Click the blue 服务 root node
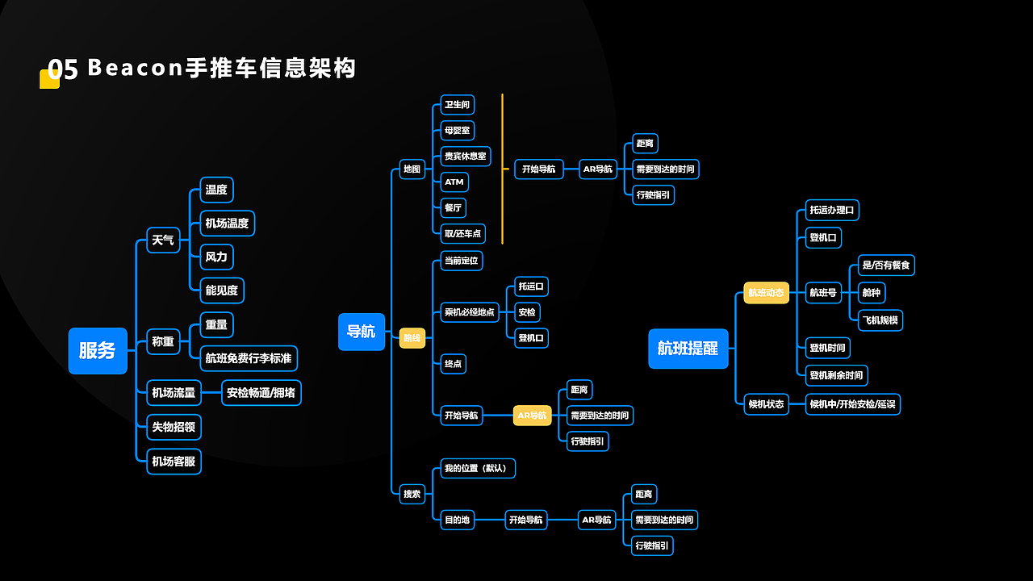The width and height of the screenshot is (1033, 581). pyautogui.click(x=98, y=351)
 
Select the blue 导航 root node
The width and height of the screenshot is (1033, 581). pyautogui.click(x=361, y=332)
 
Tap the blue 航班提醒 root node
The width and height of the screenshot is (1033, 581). pyautogui.click(x=688, y=349)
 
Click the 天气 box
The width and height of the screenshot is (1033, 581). pyautogui.click(x=163, y=240)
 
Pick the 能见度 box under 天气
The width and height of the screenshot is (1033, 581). pyautogui.click(x=222, y=290)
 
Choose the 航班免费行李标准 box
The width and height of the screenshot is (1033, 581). pyautogui.click(x=249, y=358)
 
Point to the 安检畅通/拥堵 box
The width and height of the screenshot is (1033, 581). pyautogui.click(x=261, y=393)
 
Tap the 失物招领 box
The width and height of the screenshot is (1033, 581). pyautogui.click(x=174, y=427)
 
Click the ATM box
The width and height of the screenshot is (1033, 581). pyautogui.click(x=454, y=182)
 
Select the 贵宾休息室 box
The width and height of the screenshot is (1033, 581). pyautogui.click(x=466, y=156)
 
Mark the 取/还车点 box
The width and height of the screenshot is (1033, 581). pyautogui.click(x=462, y=234)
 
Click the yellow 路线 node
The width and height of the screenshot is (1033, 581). pyautogui.click(x=412, y=338)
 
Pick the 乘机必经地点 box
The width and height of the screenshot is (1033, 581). pyautogui.click(x=470, y=312)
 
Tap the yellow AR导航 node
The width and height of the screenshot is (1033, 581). pyautogui.click(x=533, y=416)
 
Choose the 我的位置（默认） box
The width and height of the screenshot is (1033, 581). pyautogui.click(x=478, y=468)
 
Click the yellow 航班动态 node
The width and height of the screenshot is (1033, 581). pyautogui.click(x=766, y=293)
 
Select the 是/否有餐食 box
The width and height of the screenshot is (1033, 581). pyautogui.click(x=886, y=265)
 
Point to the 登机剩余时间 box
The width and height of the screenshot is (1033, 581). pyautogui.click(x=836, y=375)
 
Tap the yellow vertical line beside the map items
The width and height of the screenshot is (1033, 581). pyautogui.click(x=502, y=169)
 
